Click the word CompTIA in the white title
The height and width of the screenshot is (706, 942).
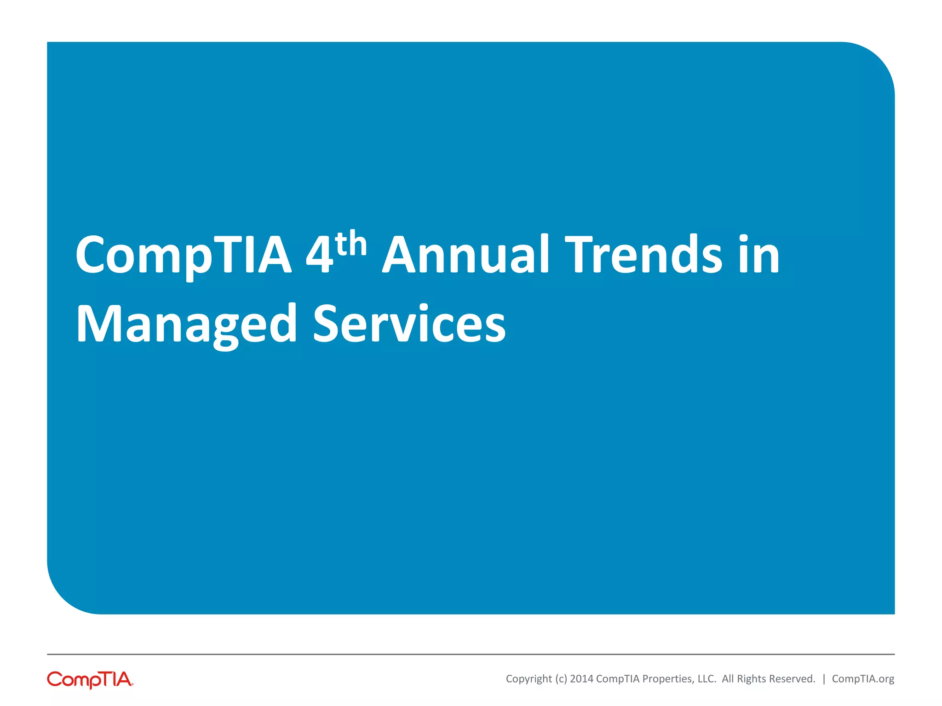tap(183, 256)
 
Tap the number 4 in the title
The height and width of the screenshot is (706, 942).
tap(319, 256)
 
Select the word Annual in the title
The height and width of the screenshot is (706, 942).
tap(465, 255)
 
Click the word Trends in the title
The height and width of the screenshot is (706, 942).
tap(643, 255)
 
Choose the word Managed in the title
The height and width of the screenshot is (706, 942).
tap(186, 325)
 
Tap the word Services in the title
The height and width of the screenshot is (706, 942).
tap(409, 324)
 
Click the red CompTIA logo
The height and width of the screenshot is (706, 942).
tap(90, 679)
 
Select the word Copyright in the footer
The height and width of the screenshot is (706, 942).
tap(528, 679)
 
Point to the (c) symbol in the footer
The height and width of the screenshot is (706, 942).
tap(561, 679)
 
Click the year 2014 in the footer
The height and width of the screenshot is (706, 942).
tap(581, 679)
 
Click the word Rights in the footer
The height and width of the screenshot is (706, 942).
tap(751, 679)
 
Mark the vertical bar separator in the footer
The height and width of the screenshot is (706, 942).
tap(824, 679)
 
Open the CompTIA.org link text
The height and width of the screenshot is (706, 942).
tap(863, 679)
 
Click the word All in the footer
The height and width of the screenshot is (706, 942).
tap(728, 679)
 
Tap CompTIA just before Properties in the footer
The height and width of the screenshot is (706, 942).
tap(618, 679)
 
